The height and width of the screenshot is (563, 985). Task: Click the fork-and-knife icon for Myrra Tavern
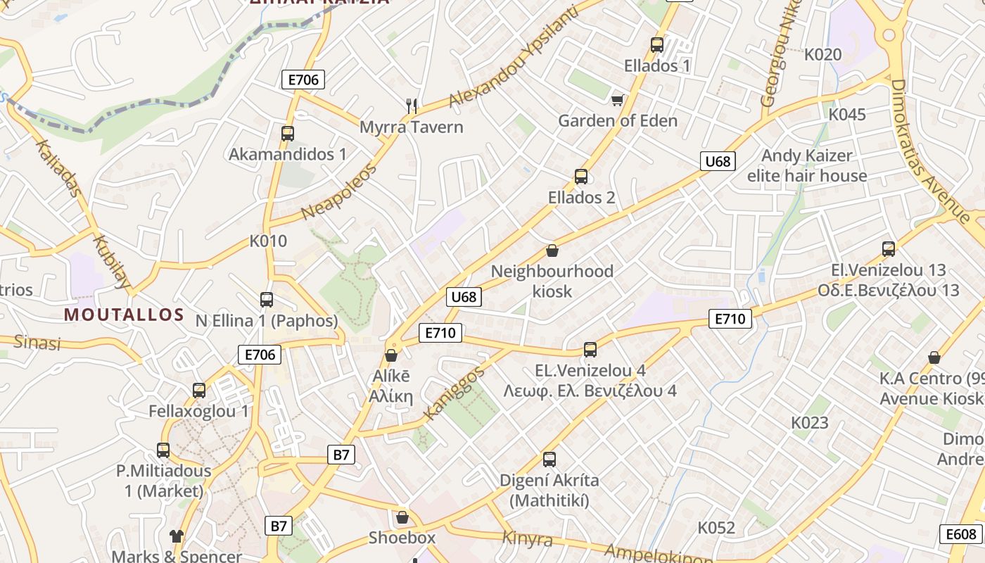(412, 106)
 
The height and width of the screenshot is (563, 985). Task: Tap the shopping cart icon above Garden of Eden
(617, 100)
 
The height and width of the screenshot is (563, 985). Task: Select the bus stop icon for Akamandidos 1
(287, 133)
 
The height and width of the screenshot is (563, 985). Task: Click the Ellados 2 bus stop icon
(580, 177)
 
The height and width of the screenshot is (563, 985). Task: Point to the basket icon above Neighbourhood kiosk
(552, 251)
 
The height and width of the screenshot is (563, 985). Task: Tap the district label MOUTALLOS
(124, 315)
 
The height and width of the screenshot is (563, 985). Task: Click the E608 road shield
(961, 534)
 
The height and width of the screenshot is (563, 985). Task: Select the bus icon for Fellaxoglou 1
(199, 390)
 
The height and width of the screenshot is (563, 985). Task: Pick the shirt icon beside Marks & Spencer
(176, 536)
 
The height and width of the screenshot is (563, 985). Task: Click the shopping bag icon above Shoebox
(402, 517)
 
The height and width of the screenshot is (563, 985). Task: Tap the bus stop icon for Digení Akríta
(549, 460)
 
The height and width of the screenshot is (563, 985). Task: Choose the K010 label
(268, 241)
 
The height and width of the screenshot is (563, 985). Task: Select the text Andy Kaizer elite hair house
(807, 165)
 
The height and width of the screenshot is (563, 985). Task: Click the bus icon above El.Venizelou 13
(889, 248)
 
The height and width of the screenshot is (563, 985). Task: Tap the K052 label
(716, 528)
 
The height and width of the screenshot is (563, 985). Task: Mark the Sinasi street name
(37, 343)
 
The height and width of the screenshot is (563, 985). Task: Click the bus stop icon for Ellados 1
(657, 45)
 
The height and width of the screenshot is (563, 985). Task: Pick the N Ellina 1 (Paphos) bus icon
(267, 300)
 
